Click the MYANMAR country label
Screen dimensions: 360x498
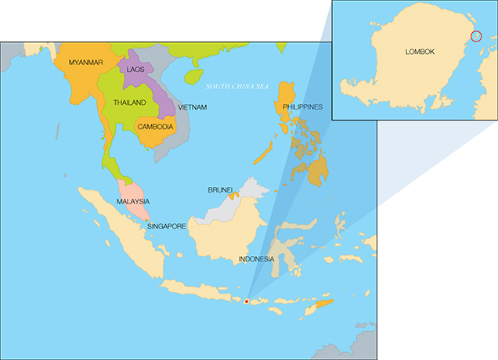click(87, 62)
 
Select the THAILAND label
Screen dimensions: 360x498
click(130, 103)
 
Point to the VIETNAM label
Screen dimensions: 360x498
click(192, 106)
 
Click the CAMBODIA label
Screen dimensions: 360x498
click(155, 126)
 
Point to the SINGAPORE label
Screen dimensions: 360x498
click(166, 226)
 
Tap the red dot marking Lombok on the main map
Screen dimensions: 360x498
click(246, 301)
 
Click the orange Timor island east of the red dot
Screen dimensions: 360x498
click(322, 304)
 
